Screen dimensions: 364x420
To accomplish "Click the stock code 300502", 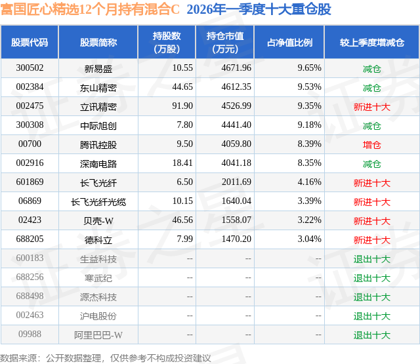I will click(x=30, y=68).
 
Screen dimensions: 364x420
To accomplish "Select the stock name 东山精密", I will click(x=98, y=87).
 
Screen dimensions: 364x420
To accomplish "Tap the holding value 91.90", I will click(x=182, y=106).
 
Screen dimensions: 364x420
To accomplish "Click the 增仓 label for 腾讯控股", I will click(x=371, y=144).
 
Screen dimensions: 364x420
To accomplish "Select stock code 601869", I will click(x=30, y=182).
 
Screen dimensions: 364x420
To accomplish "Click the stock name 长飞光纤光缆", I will click(x=98, y=201).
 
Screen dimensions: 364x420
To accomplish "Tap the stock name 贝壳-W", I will click(x=98, y=221).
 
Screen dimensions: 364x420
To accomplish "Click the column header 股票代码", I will click(x=30, y=43).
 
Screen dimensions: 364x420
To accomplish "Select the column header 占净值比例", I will click(x=289, y=43).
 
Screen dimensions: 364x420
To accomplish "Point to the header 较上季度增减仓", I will click(x=371, y=43).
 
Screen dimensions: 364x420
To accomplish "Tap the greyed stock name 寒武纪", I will click(x=98, y=278).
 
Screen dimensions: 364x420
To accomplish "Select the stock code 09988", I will click(x=30, y=335).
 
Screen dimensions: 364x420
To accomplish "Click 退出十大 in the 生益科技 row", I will click(x=371, y=259).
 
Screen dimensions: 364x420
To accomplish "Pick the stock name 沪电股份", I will click(x=98, y=316).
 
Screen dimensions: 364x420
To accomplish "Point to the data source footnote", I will click(x=106, y=358).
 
